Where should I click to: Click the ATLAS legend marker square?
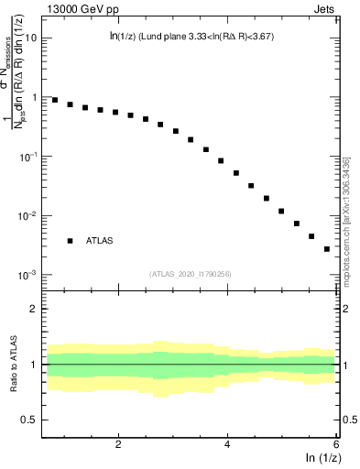pos(70,241)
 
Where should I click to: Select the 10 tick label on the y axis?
pos(31,38)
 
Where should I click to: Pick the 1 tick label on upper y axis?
pos(35,97)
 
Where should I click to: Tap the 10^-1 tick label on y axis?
pos(29,156)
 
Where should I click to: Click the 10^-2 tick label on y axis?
pos(29,215)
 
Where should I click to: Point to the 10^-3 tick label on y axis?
pos(29,275)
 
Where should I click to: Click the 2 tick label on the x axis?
pos(119,443)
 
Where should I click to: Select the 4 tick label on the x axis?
pos(228,443)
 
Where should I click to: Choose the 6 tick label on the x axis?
pos(336,443)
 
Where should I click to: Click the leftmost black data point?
pos(55,100)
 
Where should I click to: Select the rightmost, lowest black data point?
pos(327,248)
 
